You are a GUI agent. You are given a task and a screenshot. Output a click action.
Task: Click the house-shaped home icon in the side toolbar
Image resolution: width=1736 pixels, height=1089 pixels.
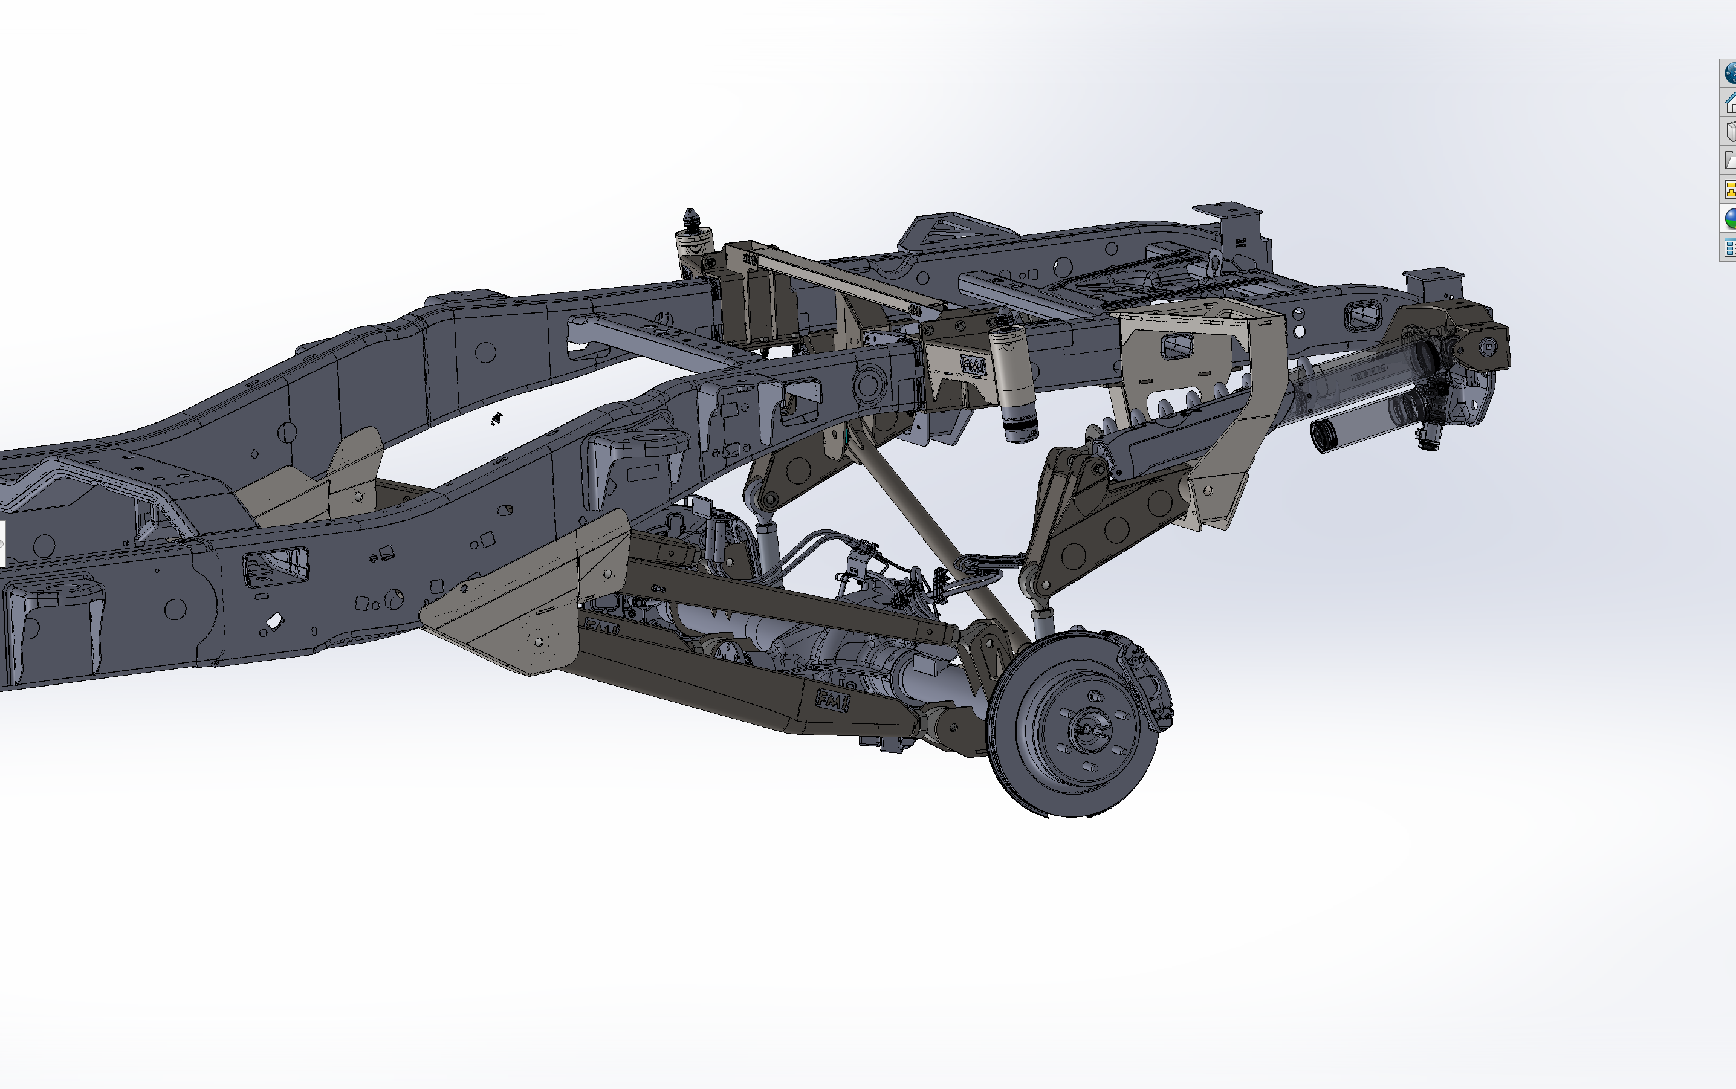[x=1729, y=102]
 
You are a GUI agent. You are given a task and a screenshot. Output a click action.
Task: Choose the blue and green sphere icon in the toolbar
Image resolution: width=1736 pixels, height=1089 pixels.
[x=1729, y=218]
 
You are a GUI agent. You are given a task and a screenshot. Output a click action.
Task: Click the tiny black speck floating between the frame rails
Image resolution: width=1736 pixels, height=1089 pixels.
[x=496, y=418]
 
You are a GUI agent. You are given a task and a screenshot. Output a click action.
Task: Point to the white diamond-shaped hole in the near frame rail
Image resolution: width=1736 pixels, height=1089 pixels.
[x=274, y=620]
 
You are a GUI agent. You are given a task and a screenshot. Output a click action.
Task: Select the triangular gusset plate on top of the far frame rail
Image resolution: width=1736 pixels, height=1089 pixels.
[x=951, y=227]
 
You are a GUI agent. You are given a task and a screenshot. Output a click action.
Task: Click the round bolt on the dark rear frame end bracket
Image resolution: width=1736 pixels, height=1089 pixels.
[x=1488, y=346]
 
